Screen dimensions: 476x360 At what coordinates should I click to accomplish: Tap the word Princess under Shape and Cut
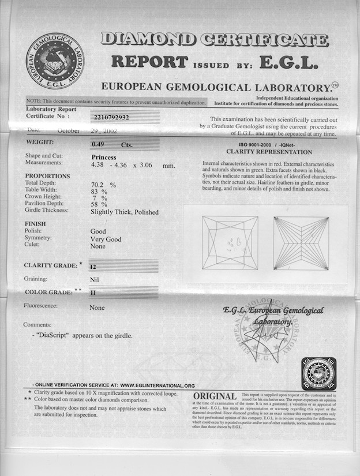tap(104, 157)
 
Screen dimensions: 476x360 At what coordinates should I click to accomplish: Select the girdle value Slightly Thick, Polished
tap(124, 212)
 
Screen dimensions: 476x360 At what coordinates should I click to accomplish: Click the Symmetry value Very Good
tap(106, 238)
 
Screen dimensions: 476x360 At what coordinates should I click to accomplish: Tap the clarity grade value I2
tap(93, 267)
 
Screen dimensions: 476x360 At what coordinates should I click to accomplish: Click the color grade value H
tap(93, 293)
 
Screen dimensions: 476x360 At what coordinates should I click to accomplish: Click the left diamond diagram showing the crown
tap(229, 242)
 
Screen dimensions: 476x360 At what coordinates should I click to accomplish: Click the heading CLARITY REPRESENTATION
tap(269, 152)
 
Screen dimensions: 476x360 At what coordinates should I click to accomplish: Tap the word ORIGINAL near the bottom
tap(215, 396)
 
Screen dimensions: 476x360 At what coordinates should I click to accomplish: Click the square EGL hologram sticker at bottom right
tap(318, 373)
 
